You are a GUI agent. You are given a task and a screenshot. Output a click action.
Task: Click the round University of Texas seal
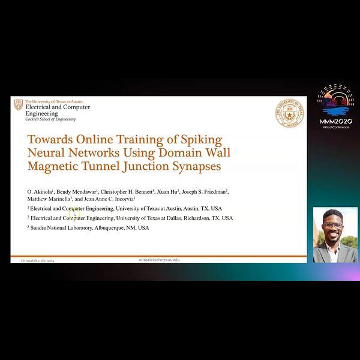(290, 113)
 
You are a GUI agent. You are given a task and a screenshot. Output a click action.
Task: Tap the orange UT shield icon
(19, 104)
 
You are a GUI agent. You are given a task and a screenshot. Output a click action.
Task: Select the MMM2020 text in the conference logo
(336, 121)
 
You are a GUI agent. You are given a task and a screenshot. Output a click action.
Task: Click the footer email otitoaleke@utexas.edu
(159, 260)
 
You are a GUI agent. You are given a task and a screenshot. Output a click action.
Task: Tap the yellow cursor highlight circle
(74, 213)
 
